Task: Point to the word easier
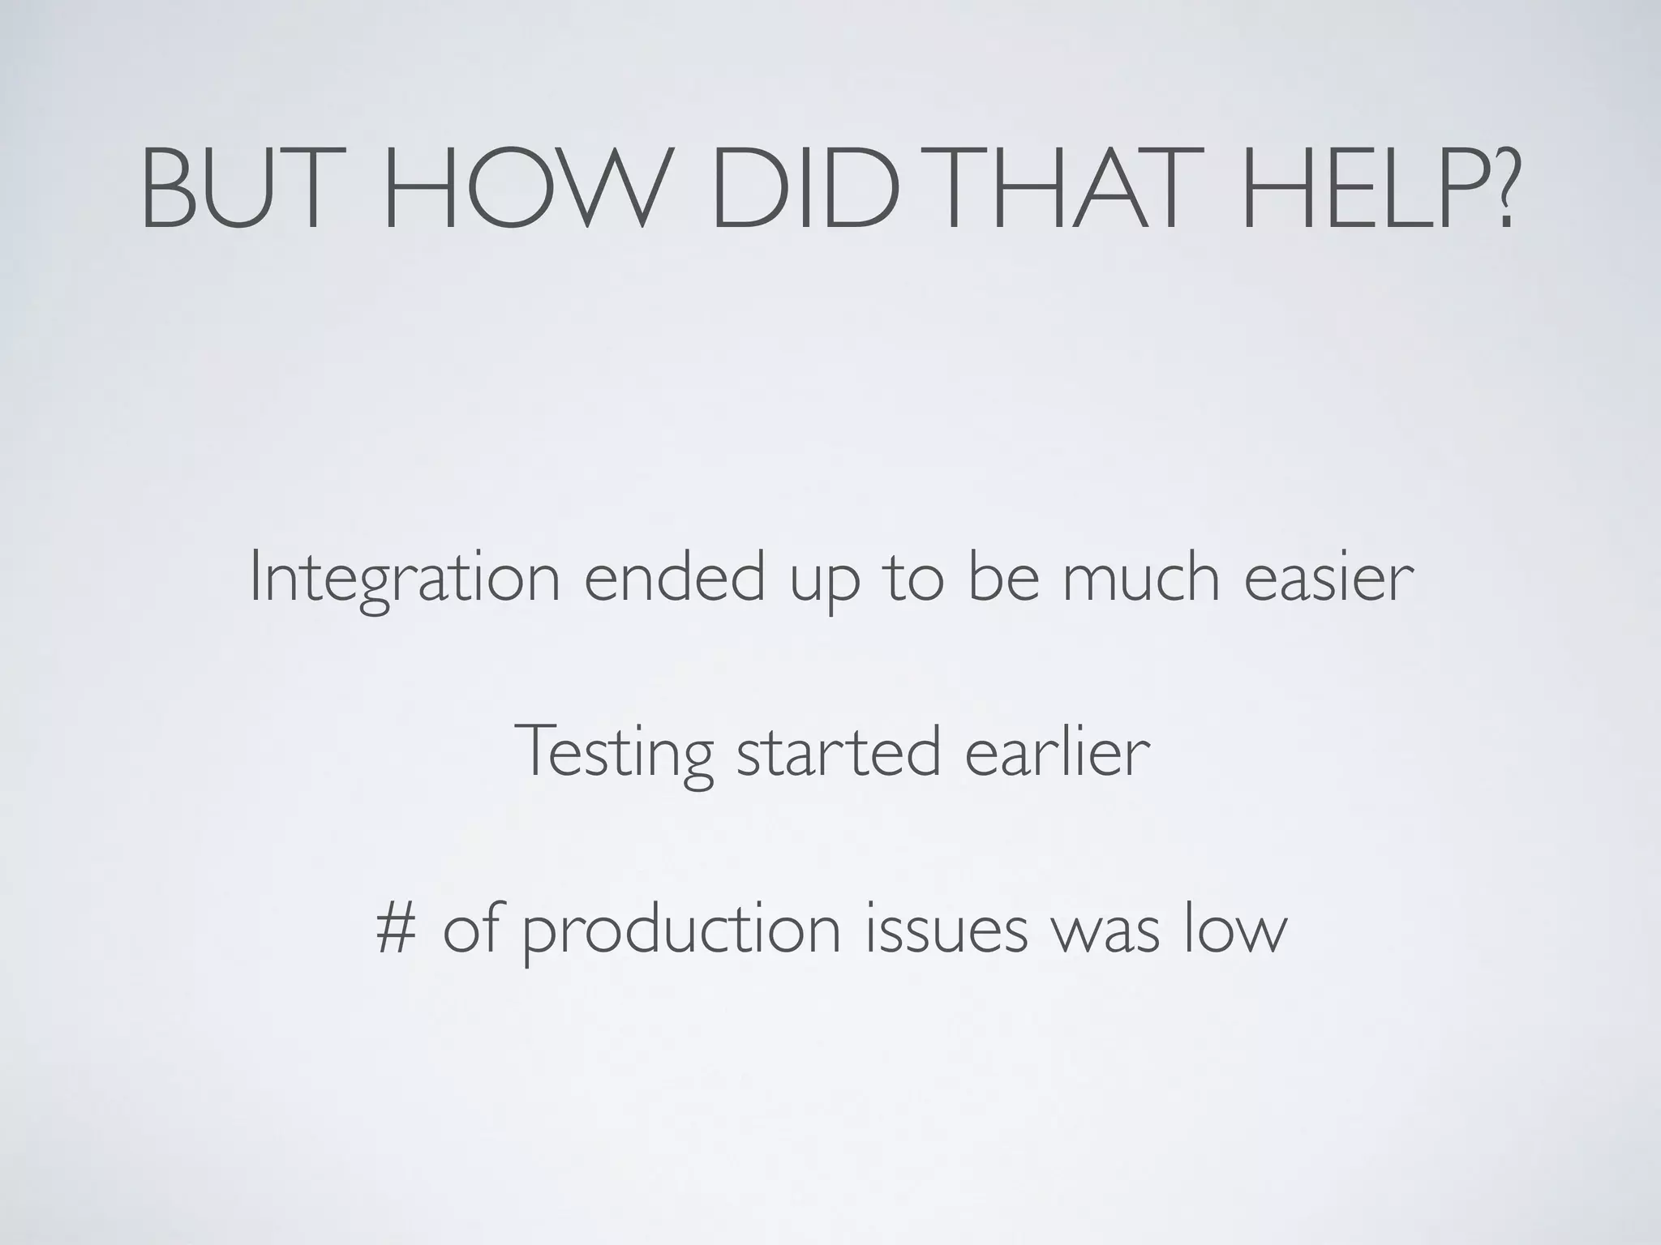point(1329,577)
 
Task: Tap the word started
point(839,753)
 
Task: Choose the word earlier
point(1058,751)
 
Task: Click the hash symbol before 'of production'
point(397,930)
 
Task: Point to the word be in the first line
point(1003,577)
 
